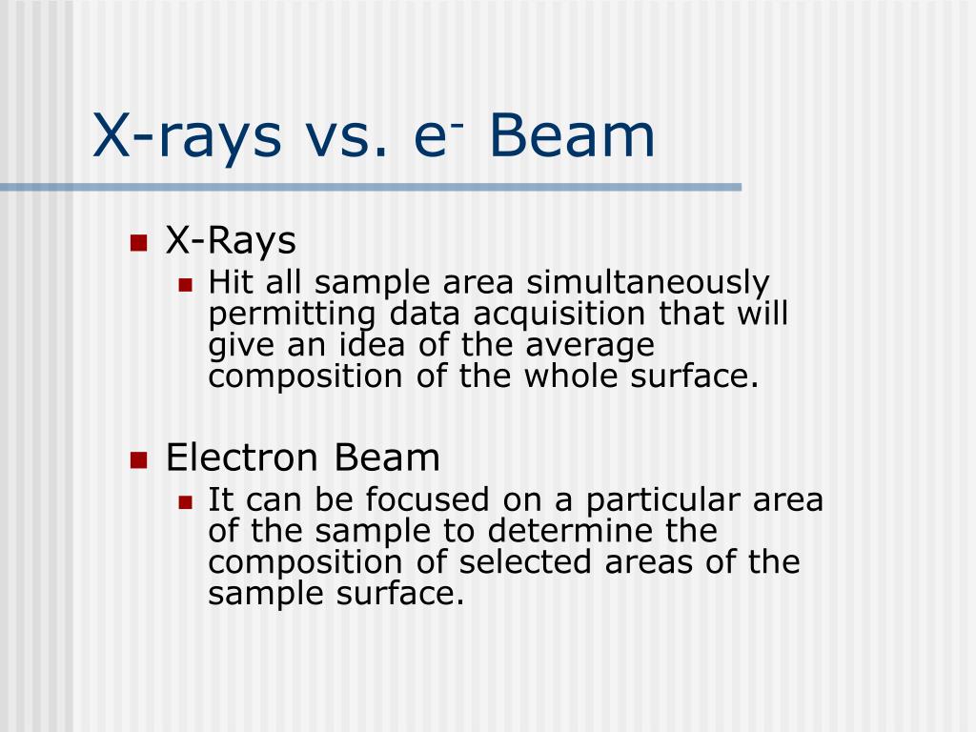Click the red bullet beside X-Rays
pyautogui.click(x=138, y=242)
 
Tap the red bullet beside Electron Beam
pyautogui.click(x=138, y=459)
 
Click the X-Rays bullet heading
pyautogui.click(x=231, y=241)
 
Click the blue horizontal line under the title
pyautogui.click(x=372, y=188)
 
